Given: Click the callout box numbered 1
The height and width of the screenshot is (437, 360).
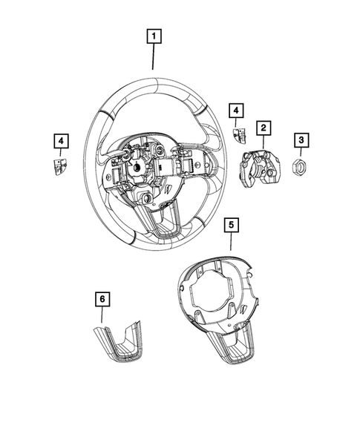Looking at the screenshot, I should coord(154,35).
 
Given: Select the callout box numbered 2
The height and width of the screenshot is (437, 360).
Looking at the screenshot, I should coord(263,128).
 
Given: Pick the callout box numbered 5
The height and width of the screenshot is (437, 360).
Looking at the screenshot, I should coord(230,223).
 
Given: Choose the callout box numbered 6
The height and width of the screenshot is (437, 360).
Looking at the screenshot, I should coord(103,299).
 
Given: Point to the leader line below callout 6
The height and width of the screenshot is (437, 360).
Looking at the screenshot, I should coord(103,315).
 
